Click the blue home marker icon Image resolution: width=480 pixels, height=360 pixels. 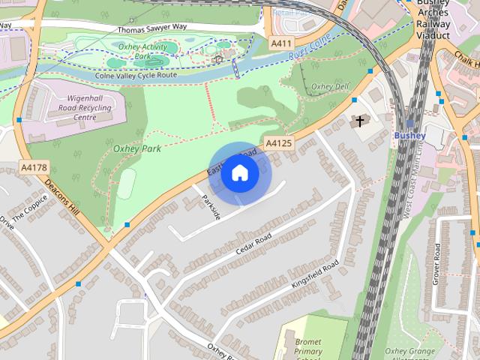click(x=239, y=173)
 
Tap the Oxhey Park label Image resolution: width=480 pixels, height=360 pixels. click(x=136, y=148)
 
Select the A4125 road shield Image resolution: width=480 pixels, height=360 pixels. click(x=278, y=142)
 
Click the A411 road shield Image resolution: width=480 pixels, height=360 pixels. click(x=281, y=44)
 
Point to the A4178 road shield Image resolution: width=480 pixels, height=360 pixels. click(x=34, y=166)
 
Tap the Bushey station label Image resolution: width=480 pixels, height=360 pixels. click(x=409, y=136)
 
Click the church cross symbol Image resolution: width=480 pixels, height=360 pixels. click(x=359, y=120)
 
